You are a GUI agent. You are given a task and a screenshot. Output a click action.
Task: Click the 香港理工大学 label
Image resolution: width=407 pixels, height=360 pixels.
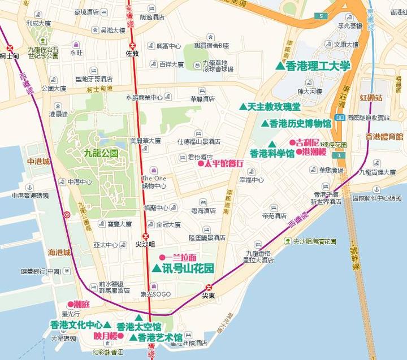[318, 66]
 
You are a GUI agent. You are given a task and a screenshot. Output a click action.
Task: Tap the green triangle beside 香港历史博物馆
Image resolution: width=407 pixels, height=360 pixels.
[264, 123]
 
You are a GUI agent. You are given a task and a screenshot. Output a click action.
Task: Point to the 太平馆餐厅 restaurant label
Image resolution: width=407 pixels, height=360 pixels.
[224, 163]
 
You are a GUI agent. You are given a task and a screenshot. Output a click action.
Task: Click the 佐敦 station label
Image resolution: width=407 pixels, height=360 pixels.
[132, 54]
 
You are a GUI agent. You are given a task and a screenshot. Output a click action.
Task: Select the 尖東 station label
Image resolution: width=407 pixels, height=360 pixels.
[209, 295]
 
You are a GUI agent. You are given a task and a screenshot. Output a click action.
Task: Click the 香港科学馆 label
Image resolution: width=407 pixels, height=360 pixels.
[272, 153]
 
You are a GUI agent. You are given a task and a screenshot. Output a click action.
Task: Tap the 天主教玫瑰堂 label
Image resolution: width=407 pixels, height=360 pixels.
[274, 106]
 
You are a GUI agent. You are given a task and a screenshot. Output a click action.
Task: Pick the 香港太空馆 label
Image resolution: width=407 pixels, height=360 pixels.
[138, 327]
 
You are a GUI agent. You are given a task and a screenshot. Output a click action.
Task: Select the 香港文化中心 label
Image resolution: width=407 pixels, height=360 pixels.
[76, 325]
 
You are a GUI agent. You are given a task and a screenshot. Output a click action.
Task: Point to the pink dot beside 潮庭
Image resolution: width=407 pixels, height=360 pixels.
[71, 303]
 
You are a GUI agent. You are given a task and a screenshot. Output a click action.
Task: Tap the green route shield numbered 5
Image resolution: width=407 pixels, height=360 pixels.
[322, 17]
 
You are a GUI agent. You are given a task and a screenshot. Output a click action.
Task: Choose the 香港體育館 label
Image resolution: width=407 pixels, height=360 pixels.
[384, 136]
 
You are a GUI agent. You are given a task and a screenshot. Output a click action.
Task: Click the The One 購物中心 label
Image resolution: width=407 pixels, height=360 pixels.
[154, 181]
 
